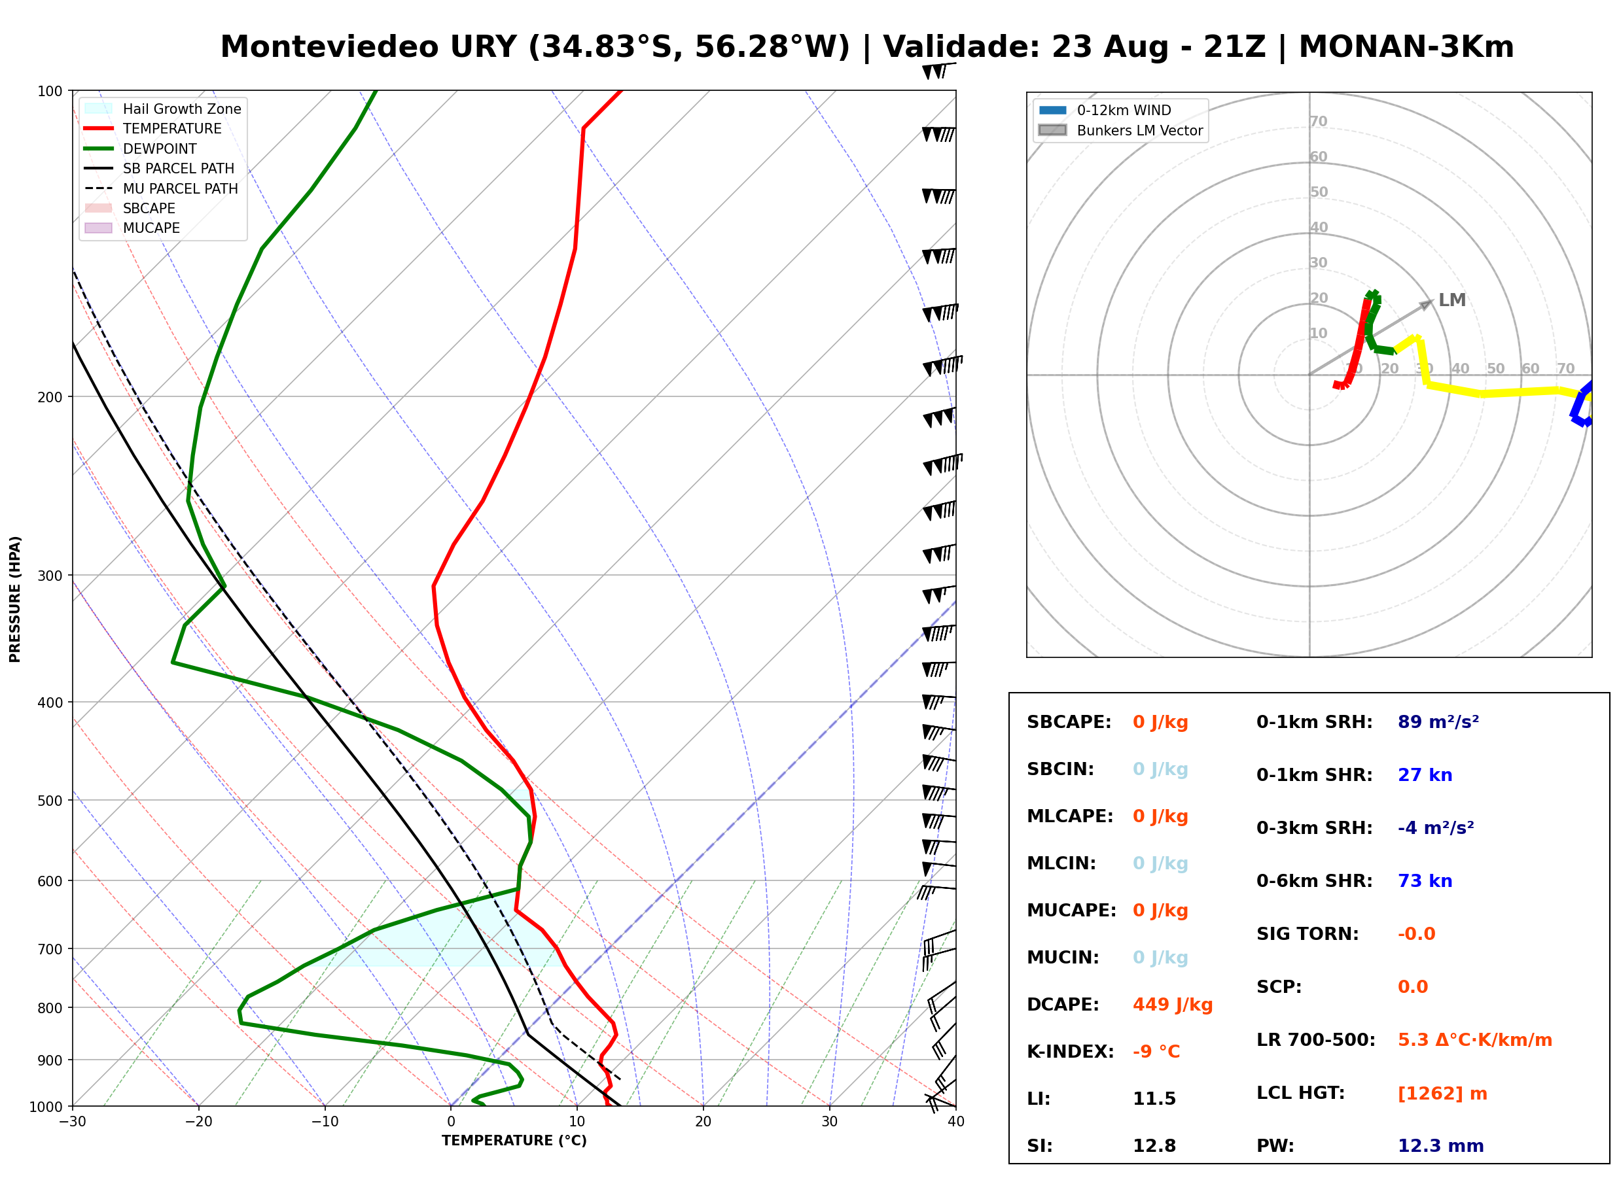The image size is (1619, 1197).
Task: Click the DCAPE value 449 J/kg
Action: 1173,1005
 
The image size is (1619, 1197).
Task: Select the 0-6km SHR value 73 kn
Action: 1425,881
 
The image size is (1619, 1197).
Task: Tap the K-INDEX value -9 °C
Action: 1156,1051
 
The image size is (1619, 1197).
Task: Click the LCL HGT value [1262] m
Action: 1442,1094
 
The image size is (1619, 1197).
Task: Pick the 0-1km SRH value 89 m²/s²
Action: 1438,721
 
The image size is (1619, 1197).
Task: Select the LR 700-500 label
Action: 1315,1040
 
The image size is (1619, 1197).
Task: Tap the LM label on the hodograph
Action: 1451,300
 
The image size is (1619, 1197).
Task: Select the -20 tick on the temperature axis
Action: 198,1122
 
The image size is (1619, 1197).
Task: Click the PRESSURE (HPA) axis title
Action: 15,598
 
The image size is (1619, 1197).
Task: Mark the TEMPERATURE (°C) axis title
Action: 514,1141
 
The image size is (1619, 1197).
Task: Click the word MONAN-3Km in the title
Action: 1406,47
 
